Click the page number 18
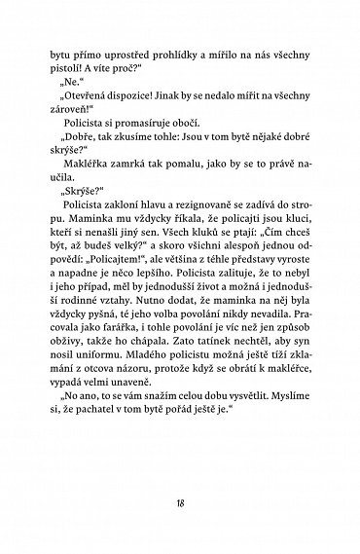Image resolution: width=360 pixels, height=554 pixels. click(x=180, y=500)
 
